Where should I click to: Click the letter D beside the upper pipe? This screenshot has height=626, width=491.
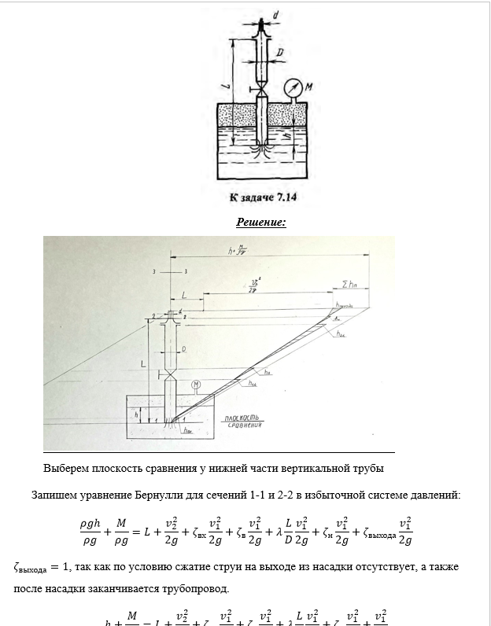pyautogui.click(x=280, y=52)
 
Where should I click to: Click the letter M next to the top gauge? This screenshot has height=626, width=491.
pyautogui.click(x=309, y=87)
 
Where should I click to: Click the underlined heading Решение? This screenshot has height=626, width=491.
pyautogui.click(x=261, y=223)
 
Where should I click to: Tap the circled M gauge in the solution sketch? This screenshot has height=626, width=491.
pyautogui.click(x=196, y=384)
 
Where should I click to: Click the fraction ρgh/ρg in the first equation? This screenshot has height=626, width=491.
pyautogui.click(x=89, y=531)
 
